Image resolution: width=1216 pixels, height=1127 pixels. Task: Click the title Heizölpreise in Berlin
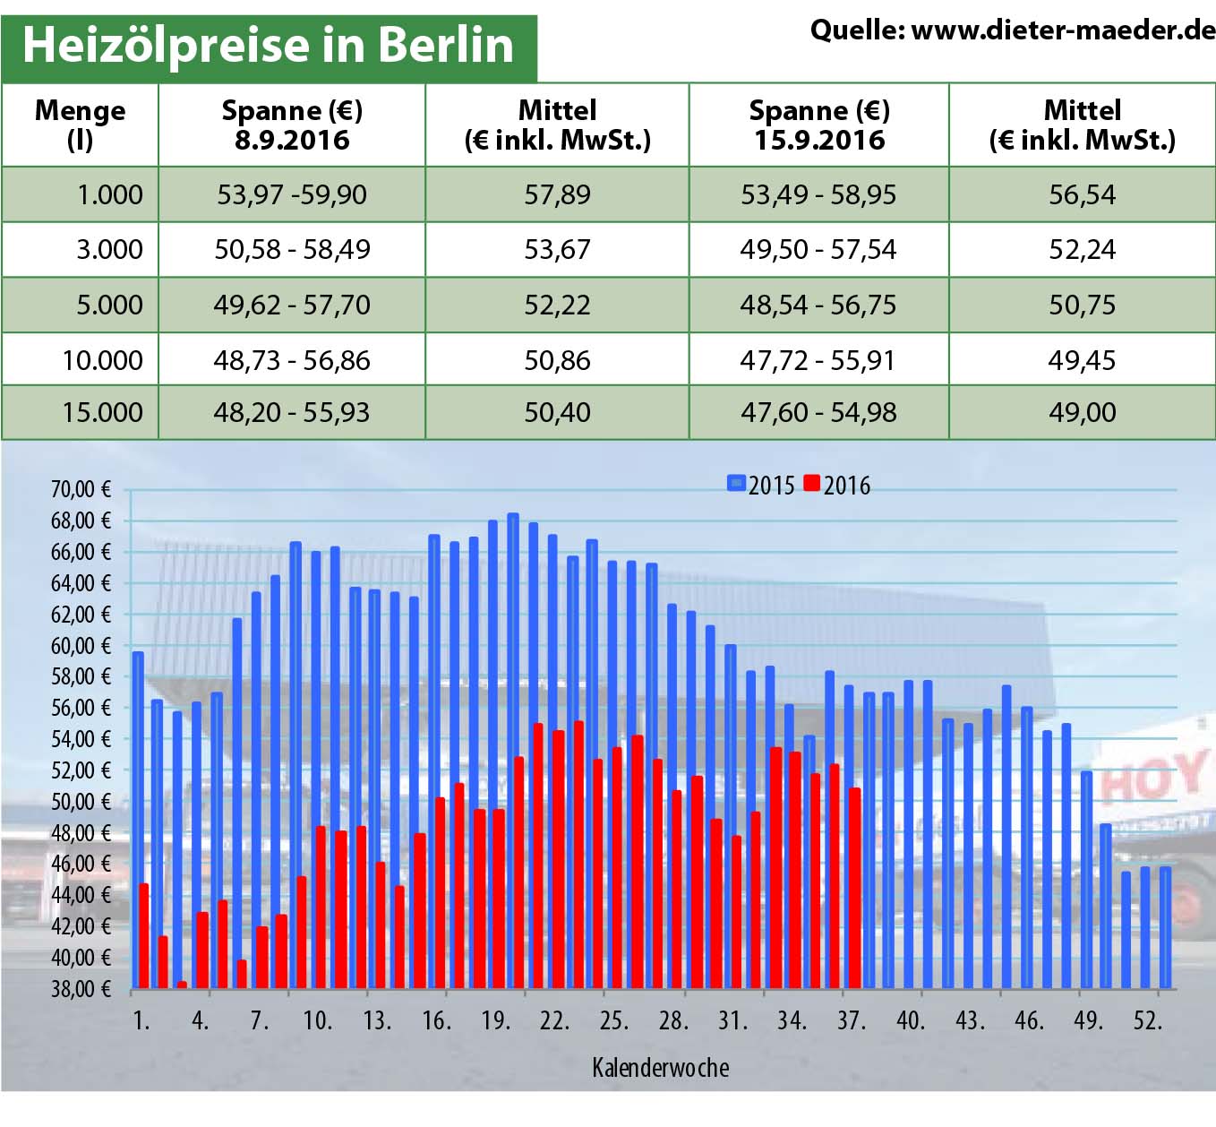tap(268, 45)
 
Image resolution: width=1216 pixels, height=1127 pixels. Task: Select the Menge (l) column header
tap(80, 125)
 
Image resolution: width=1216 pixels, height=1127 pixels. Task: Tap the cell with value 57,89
tap(557, 194)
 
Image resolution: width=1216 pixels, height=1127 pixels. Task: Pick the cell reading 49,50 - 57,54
tap(818, 249)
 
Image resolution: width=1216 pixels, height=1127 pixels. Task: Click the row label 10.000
tap(102, 360)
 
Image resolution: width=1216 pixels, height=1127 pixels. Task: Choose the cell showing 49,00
tap(1082, 412)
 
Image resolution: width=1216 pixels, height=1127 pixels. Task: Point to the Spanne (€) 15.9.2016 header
tap(818, 125)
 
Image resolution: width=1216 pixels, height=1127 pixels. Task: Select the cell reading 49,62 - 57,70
tap(291, 305)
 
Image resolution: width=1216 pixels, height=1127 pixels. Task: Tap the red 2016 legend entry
tap(836, 485)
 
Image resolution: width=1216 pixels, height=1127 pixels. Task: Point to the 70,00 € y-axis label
tap(81, 489)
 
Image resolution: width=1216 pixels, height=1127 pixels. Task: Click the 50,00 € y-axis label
tap(81, 801)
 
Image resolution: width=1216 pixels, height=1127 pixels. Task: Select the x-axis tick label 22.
tap(553, 1020)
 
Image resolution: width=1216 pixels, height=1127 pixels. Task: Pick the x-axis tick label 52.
tap(1147, 1020)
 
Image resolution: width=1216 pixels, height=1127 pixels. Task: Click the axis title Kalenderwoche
tap(660, 1067)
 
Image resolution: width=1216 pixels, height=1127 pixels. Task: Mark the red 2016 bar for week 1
tap(143, 936)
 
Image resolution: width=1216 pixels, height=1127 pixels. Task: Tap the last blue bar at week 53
tap(1165, 927)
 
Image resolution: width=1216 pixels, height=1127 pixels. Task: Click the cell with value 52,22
tap(557, 305)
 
